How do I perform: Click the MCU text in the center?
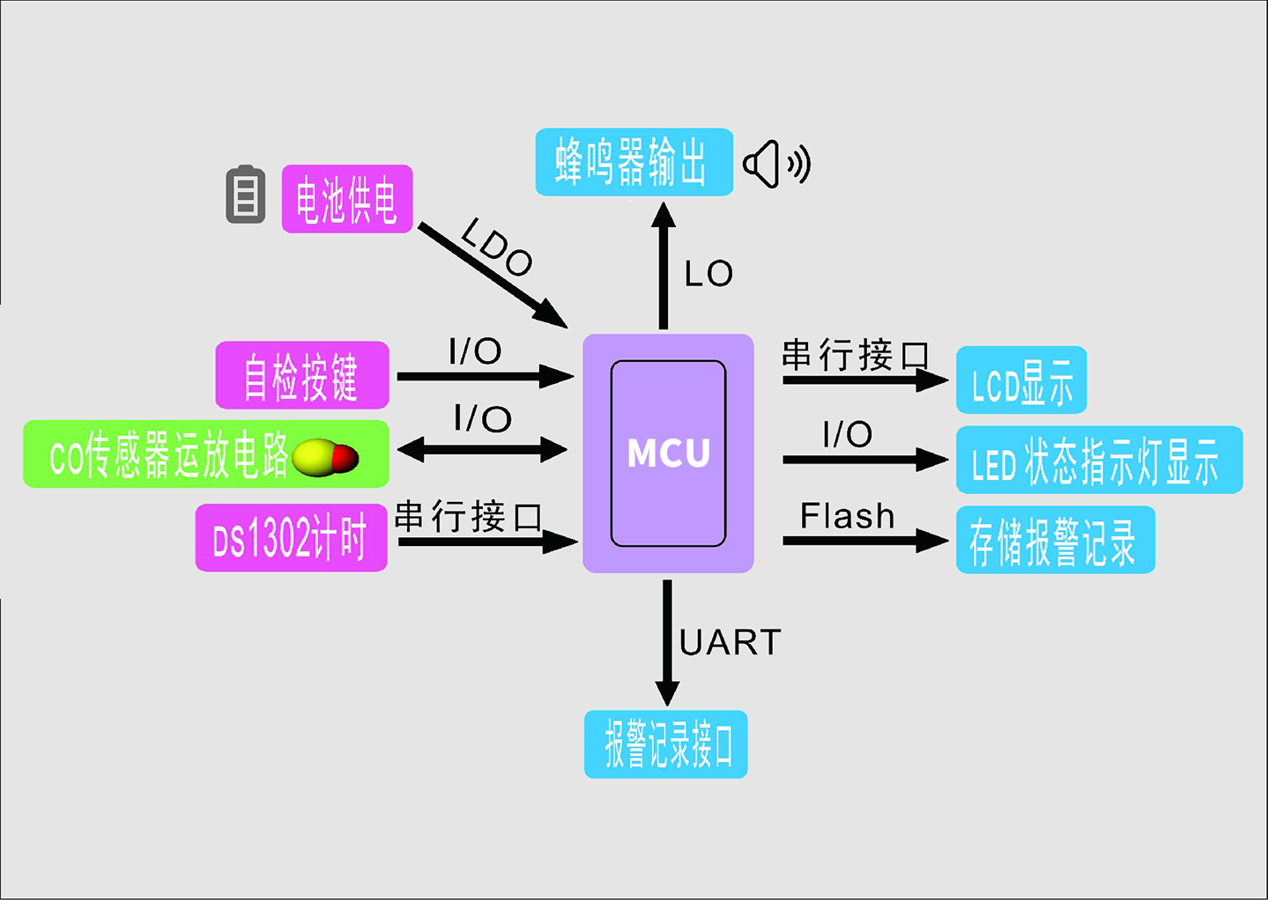668,453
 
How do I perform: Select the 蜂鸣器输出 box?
634,162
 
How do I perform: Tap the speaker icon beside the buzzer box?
775,164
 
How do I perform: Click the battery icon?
246,195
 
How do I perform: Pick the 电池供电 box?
347,199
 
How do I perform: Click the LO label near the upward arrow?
708,274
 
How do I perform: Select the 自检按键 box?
302,375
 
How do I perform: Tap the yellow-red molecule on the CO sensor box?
325,458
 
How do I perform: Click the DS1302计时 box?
291,538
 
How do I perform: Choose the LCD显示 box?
1021,380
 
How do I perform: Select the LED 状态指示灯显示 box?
1099,461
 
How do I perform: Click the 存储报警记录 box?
1055,540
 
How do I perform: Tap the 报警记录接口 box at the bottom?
665,744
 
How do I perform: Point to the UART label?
730,643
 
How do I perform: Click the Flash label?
847,516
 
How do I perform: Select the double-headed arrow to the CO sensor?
483,450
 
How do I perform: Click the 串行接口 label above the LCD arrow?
855,355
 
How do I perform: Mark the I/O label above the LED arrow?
847,434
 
